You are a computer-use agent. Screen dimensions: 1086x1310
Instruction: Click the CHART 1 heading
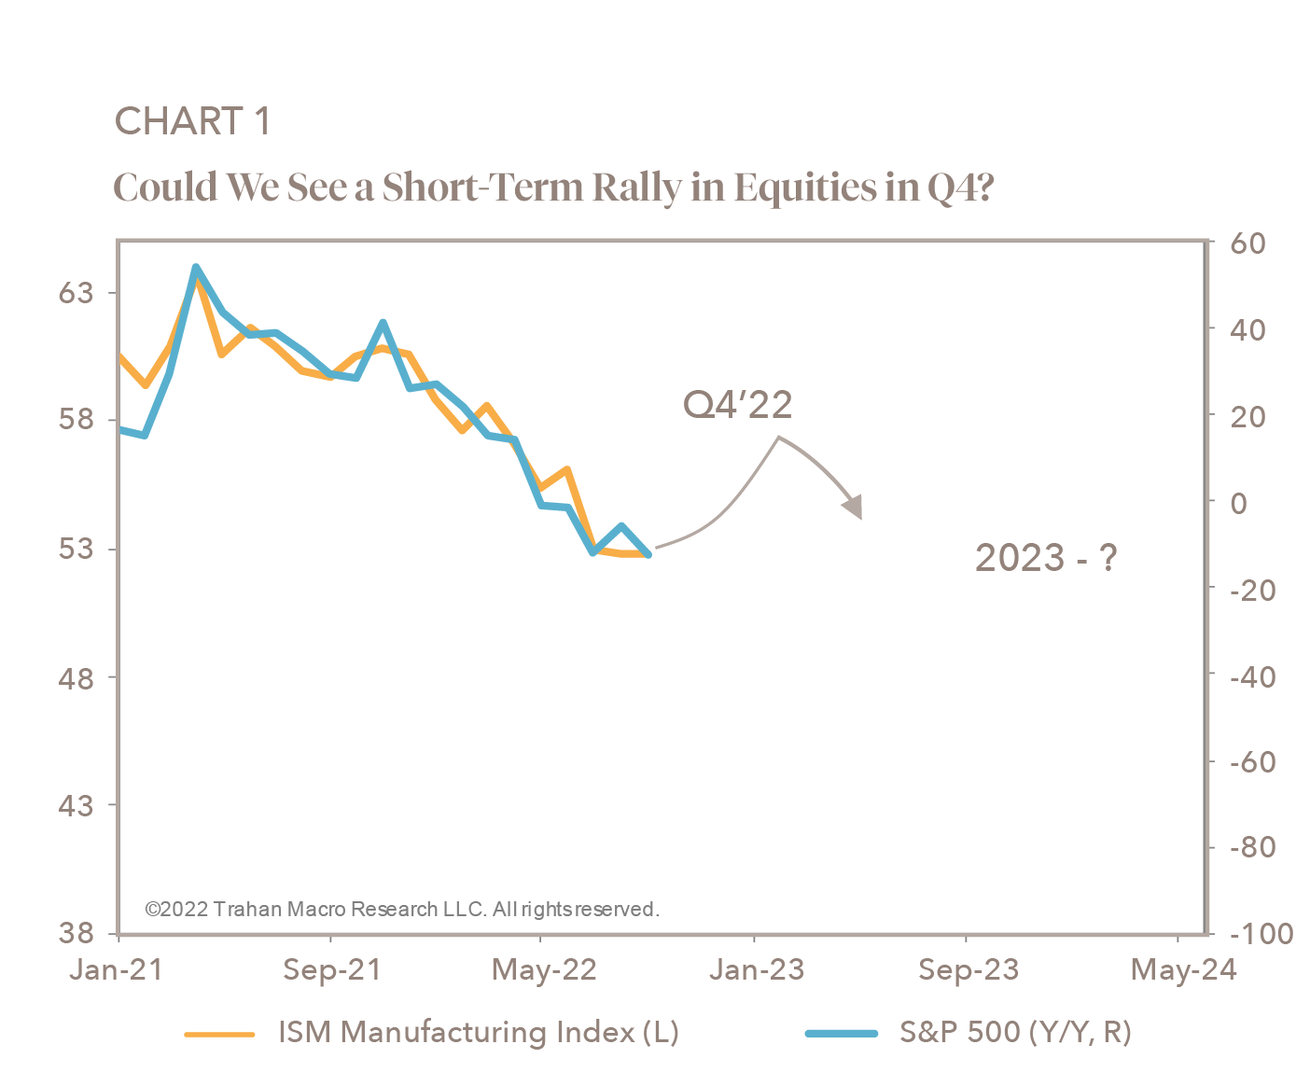tap(192, 121)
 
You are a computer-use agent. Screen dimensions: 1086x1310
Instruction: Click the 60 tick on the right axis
tap(1247, 244)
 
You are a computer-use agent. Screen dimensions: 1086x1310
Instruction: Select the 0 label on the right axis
tap(1238, 503)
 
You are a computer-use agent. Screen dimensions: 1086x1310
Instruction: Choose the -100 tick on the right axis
tap(1261, 933)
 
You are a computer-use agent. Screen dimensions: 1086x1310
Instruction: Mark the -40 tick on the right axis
tap(1252, 676)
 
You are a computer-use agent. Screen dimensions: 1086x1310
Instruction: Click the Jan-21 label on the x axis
tap(117, 969)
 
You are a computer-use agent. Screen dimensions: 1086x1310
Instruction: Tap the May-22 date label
tap(543, 969)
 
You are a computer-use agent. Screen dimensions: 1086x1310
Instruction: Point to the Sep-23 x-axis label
tap(968, 969)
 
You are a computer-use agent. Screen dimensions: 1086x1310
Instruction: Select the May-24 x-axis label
tap(1182, 969)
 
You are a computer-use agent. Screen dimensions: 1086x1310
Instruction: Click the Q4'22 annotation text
tap(737, 405)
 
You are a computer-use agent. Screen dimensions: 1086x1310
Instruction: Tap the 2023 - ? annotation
tap(1045, 558)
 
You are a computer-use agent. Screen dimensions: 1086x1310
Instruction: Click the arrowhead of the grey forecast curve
tap(853, 508)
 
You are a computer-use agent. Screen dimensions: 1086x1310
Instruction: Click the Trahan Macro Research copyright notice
tap(403, 909)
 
